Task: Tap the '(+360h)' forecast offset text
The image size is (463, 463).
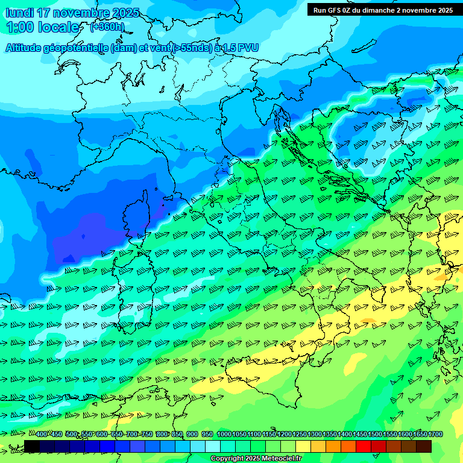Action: point(108,27)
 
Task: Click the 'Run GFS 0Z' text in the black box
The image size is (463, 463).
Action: point(336,10)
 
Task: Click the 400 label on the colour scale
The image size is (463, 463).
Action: point(42,435)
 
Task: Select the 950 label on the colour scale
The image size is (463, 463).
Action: point(207,435)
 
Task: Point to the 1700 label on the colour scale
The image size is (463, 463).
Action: point(436,435)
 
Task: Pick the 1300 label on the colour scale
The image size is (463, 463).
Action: point(315,435)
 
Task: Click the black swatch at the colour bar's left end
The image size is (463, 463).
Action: point(32,446)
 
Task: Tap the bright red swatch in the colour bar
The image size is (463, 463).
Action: point(364,446)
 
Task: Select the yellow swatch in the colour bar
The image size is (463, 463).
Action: point(303,446)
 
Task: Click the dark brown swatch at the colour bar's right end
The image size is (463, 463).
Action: point(424,446)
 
